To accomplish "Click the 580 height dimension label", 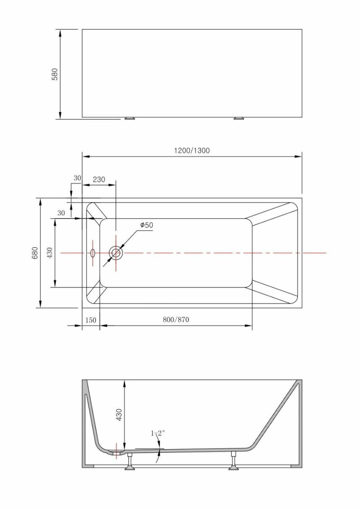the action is tap(55, 74).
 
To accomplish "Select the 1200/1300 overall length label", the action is tap(192, 150).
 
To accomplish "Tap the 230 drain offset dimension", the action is tap(99, 179).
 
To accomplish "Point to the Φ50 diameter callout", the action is tap(147, 225).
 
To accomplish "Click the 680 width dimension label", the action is tap(36, 253).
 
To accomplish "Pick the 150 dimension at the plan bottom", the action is tap(90, 320).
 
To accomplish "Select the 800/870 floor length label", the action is tap(176, 319).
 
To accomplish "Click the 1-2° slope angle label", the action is tap(157, 433).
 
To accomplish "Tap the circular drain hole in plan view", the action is tap(116, 253).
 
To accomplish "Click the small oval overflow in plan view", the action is tap(93, 253).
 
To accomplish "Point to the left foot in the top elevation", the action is tap(130, 119).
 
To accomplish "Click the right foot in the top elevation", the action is tap(239, 119).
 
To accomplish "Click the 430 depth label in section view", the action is tap(119, 415).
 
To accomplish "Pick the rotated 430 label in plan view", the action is tap(49, 253).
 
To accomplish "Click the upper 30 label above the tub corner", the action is tap(77, 178).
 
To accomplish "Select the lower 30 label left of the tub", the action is tap(61, 213).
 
